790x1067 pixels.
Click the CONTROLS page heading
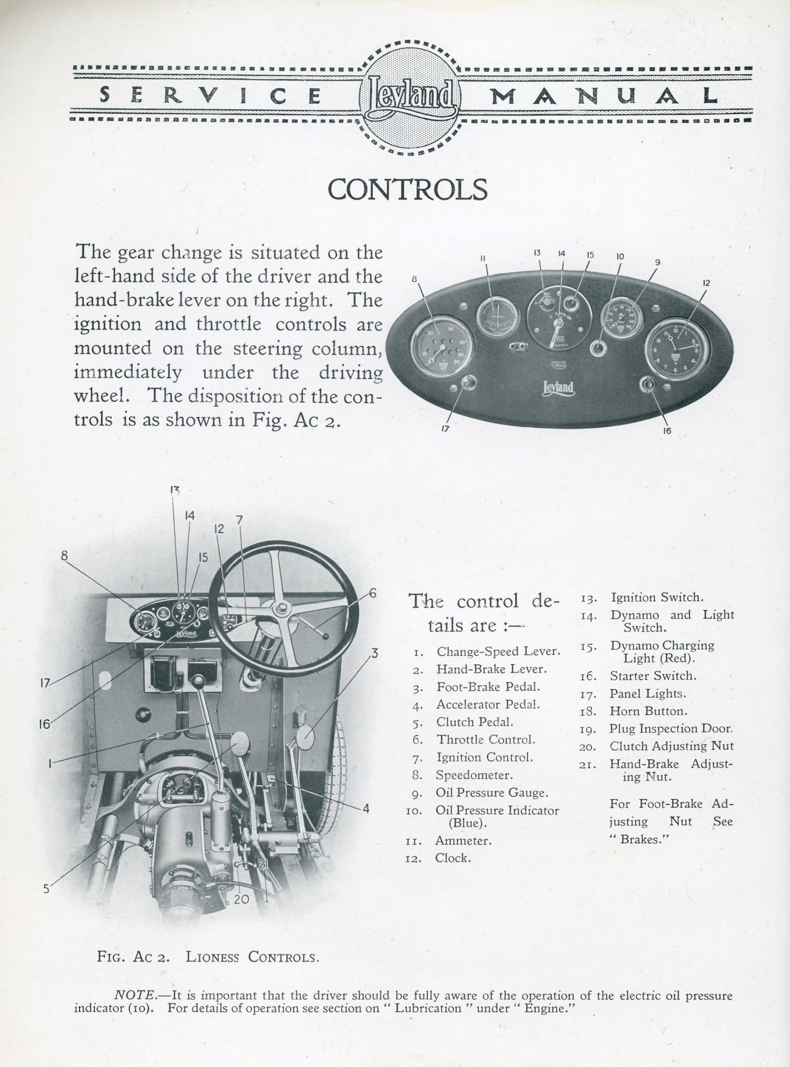pyautogui.click(x=407, y=190)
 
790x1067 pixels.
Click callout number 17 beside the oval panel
pyautogui.click(x=445, y=429)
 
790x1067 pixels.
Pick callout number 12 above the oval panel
pyautogui.click(x=706, y=283)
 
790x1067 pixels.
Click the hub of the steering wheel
pyautogui.click(x=281, y=608)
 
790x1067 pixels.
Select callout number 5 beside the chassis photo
pyautogui.click(x=46, y=889)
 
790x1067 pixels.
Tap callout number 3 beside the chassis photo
pyautogui.click(x=374, y=653)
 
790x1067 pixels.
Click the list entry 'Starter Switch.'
pyautogui.click(x=653, y=676)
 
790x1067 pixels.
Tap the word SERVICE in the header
pyautogui.click(x=211, y=95)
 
